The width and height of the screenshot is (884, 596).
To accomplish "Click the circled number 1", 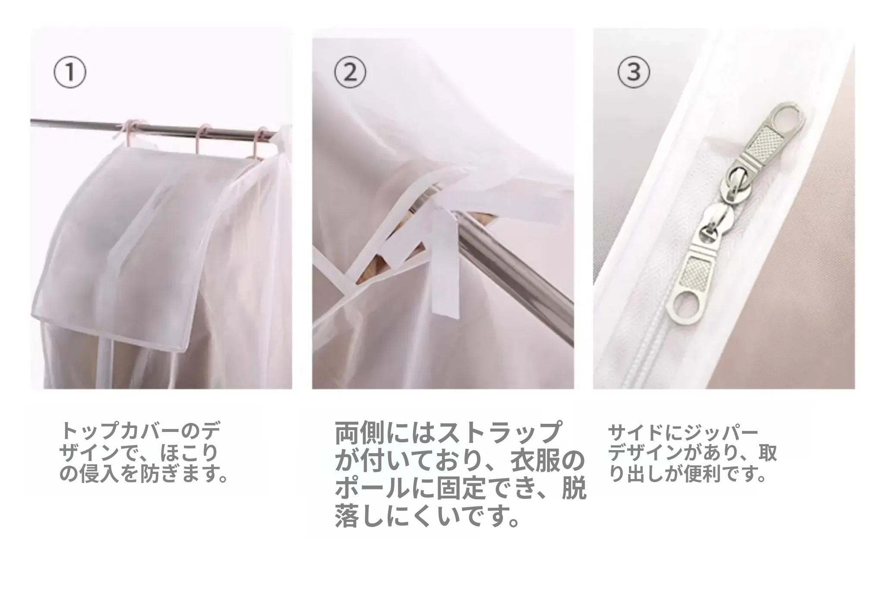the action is [69, 74].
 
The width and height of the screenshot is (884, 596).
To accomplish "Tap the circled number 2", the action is [350, 74].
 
